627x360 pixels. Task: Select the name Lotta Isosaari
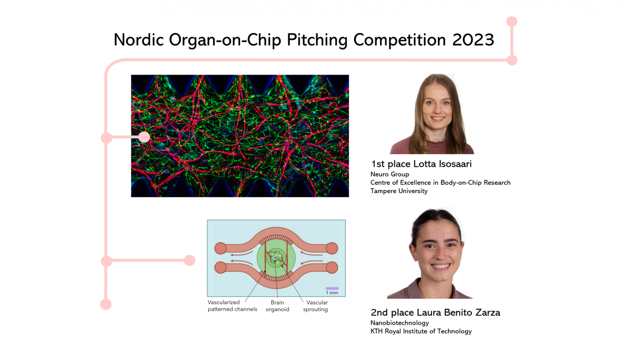tap(442, 164)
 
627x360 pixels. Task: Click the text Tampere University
tap(399, 191)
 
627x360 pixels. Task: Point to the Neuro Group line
tap(390, 174)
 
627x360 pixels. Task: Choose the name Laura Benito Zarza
tap(458, 313)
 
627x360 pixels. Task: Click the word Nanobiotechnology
tap(399, 323)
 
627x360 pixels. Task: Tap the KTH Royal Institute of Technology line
tap(421, 331)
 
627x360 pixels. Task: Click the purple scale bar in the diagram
tap(332, 288)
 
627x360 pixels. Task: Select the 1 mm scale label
tap(332, 293)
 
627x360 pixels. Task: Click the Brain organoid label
tap(277, 306)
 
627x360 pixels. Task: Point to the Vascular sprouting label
tap(316, 306)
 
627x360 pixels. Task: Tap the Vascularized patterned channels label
tap(232, 306)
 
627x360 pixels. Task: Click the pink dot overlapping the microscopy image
tap(144, 137)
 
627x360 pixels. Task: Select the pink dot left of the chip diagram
tap(190, 261)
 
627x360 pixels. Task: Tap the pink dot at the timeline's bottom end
tap(106, 304)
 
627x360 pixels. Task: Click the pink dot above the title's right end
tap(512, 22)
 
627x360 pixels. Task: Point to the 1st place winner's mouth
tap(437, 119)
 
